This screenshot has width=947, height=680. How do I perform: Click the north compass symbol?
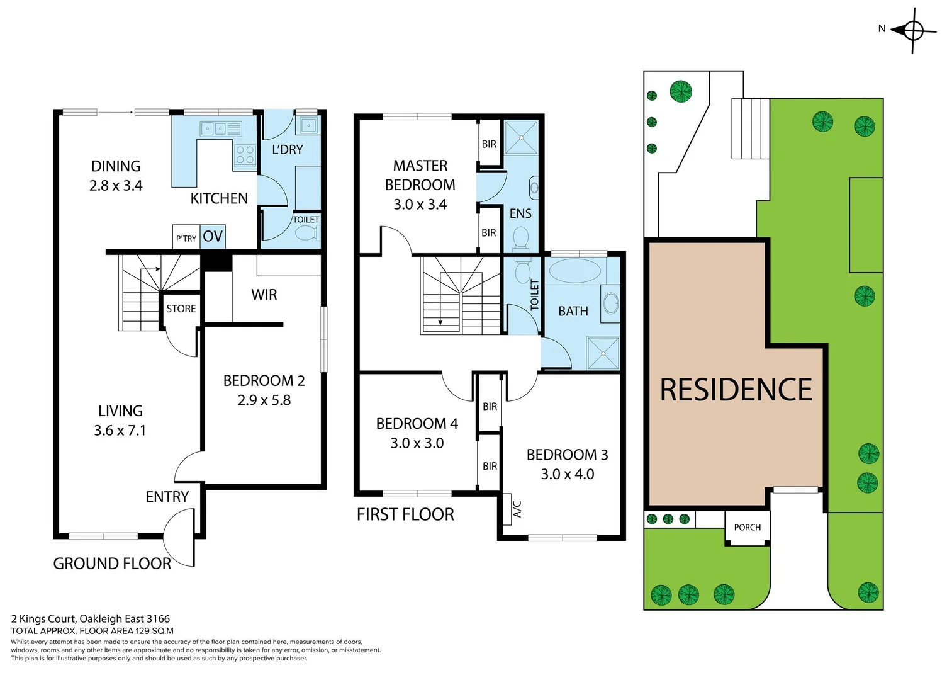(x=913, y=30)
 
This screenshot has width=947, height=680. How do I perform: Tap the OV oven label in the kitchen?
(x=213, y=237)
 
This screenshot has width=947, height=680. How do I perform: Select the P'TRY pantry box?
(x=186, y=238)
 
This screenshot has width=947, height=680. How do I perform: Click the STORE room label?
(x=181, y=309)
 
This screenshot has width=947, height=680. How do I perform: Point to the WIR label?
(x=264, y=295)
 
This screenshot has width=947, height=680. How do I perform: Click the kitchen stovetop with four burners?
(x=245, y=155)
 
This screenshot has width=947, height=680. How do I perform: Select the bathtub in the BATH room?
(x=574, y=271)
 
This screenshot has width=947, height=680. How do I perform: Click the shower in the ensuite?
(x=521, y=137)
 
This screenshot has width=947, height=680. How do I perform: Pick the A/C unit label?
(x=517, y=509)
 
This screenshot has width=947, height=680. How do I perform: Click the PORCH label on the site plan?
(x=747, y=528)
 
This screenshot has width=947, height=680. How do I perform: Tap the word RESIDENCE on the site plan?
(x=736, y=390)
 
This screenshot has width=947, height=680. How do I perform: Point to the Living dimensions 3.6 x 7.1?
(x=120, y=431)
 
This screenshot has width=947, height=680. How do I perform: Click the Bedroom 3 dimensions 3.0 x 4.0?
(x=567, y=474)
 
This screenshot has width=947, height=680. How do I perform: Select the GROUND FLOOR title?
(x=112, y=564)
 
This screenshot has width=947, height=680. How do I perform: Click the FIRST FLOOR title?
(x=405, y=514)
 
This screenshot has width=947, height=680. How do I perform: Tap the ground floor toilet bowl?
(x=307, y=234)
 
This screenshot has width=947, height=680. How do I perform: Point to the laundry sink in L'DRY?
(x=308, y=125)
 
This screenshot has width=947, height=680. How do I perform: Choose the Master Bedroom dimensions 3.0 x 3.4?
(x=420, y=205)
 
